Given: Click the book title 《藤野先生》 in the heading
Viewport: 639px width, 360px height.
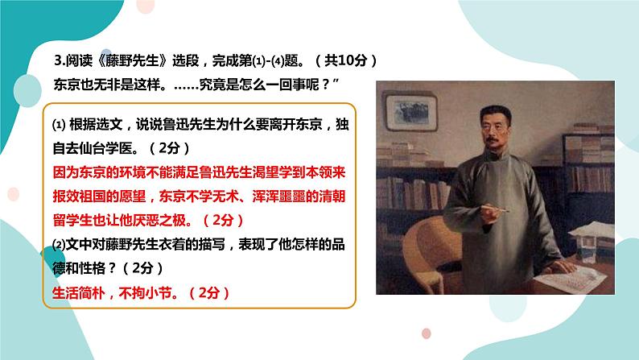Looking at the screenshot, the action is click(133, 60).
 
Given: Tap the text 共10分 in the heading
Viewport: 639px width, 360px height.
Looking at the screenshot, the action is click(345, 60).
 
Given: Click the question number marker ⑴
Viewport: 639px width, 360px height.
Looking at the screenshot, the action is click(59, 124).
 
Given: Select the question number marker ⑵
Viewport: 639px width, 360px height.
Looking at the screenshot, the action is click(59, 244).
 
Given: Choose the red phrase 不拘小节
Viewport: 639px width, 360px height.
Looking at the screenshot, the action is click(146, 292).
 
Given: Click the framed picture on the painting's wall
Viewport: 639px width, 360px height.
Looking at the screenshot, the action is click(410, 112).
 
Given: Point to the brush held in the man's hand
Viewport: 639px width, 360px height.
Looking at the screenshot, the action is click(495, 209).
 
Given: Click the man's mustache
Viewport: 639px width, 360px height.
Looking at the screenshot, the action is click(493, 141).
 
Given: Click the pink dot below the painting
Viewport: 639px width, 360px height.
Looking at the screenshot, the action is click(427, 333).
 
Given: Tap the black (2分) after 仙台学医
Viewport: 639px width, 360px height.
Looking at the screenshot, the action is click(170, 148).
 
